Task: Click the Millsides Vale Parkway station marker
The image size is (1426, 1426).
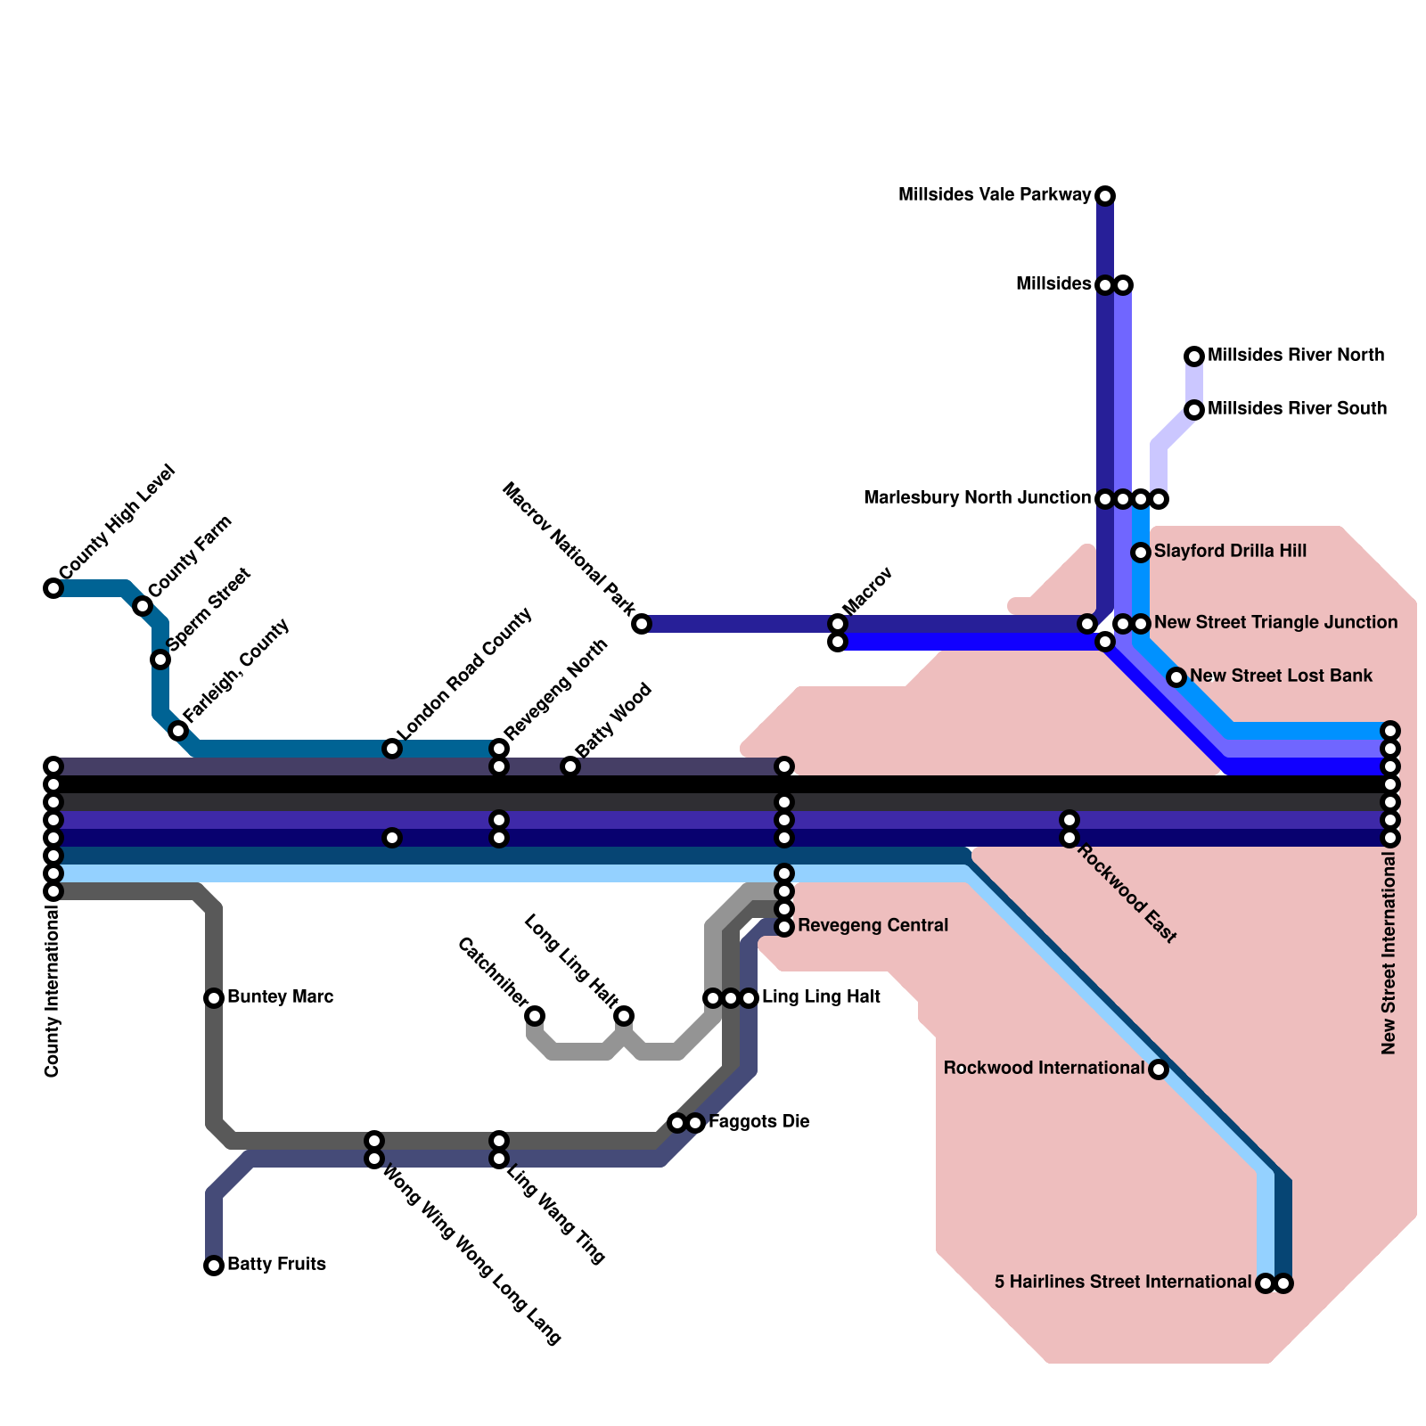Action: pos(1105,195)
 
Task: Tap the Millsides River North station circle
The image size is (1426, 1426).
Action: pos(1194,356)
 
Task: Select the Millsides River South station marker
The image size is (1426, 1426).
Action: pos(1194,410)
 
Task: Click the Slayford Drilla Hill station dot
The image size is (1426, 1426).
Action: pos(1141,553)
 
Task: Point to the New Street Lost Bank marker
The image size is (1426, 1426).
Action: pos(1176,677)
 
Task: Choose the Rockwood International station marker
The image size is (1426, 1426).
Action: pos(1159,1069)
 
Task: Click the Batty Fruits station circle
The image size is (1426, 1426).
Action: pos(214,1266)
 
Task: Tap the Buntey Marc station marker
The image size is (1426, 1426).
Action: pos(214,998)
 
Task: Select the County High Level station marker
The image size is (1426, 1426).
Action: pos(53,588)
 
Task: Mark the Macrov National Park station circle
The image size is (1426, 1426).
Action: pos(642,624)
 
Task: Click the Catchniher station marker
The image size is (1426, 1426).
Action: pos(535,1016)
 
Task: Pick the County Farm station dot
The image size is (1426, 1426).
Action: pos(143,606)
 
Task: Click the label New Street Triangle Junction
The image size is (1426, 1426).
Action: pos(1275,622)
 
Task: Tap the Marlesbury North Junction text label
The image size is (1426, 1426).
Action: pos(977,498)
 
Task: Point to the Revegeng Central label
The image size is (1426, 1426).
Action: pos(873,926)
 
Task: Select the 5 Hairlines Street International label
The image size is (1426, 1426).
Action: pos(1122,1283)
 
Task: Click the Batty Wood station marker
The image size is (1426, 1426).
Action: pos(570,766)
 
